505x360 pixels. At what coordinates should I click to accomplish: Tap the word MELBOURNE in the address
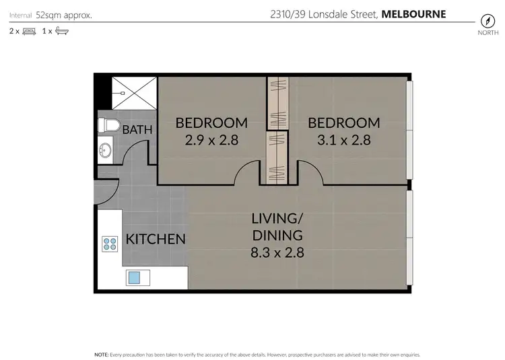[x=414, y=14]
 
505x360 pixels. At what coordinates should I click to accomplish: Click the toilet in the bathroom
[x=108, y=125]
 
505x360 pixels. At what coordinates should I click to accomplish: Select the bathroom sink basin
[x=105, y=151]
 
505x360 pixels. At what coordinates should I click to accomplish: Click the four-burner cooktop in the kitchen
[x=109, y=243]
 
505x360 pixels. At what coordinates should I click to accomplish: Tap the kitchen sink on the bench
[x=135, y=277]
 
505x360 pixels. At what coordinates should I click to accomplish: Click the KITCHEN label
[x=156, y=239]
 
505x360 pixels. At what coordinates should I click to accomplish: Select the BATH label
[x=137, y=130]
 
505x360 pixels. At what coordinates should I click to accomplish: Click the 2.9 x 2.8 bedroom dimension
[x=211, y=141]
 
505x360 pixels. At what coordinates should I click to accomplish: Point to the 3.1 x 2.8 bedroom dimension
[x=343, y=141]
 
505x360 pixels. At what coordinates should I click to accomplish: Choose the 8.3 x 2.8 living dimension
[x=277, y=253]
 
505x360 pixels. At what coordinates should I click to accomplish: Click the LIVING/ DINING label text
[x=277, y=227]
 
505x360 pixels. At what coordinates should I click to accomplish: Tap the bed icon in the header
[x=28, y=31]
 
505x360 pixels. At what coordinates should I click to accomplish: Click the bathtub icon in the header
[x=61, y=31]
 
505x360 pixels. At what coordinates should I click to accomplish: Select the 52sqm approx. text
[x=65, y=14]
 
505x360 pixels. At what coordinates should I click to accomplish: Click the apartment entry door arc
[x=108, y=190]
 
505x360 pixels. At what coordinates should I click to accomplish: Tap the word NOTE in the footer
[x=101, y=353]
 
